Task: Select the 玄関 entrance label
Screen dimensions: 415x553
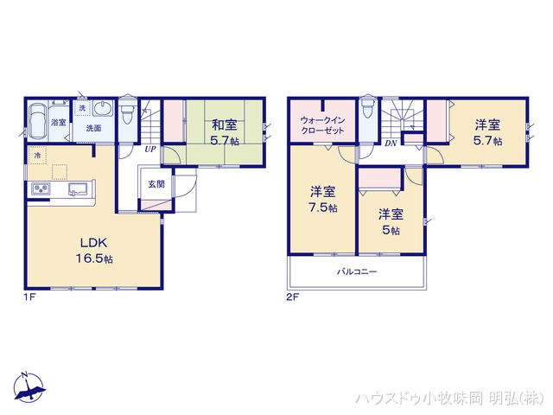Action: point(156,183)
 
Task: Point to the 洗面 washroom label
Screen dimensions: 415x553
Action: point(92,128)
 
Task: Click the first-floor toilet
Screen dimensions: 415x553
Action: point(128,112)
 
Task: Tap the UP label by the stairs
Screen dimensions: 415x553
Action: point(150,149)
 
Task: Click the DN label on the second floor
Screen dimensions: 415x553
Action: point(390,143)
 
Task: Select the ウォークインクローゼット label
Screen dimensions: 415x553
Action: point(322,124)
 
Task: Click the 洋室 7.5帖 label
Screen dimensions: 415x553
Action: point(323,198)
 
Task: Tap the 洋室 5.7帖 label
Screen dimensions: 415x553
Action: point(487,131)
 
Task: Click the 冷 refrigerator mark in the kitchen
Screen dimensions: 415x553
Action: point(37,155)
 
